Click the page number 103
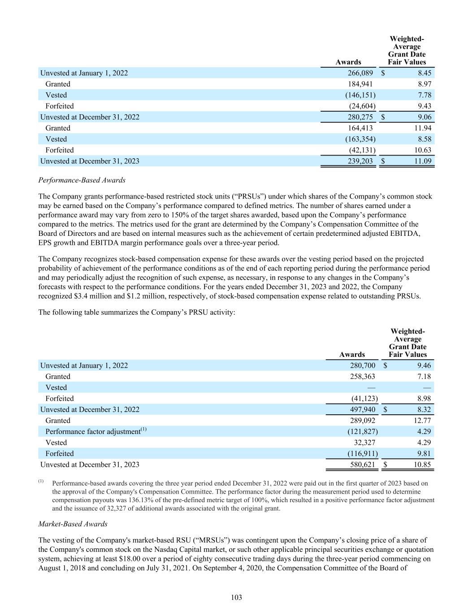[x=236, y=597]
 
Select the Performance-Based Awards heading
[x=82, y=180]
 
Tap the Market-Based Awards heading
[x=73, y=524]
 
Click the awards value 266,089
[x=360, y=73]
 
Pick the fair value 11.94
[x=423, y=128]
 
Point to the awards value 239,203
[x=360, y=161]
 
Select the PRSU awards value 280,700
[x=362, y=365]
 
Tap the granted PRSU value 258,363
[x=362, y=377]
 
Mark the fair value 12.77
[x=421, y=421]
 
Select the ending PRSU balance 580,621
[x=362, y=464]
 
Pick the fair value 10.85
[x=421, y=464]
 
